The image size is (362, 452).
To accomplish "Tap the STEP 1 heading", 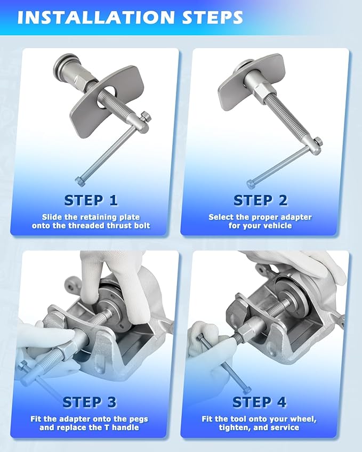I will [x=91, y=200].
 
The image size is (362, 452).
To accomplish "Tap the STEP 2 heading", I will [x=261, y=200].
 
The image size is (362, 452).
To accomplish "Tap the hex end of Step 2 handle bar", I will [x=250, y=183].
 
